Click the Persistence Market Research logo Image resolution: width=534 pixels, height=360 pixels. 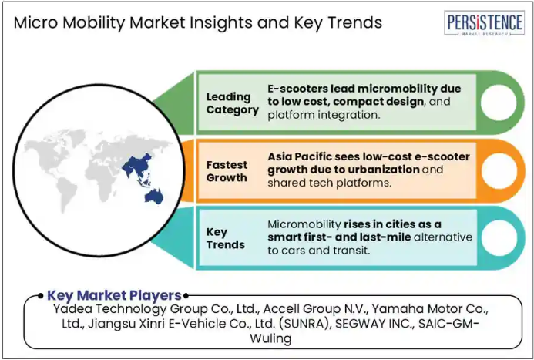point(484,23)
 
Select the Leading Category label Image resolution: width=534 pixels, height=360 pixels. point(232,103)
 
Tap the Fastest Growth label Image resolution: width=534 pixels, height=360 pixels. point(227,171)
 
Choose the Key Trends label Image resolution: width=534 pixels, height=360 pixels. point(226,238)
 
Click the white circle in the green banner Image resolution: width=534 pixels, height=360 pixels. point(499,103)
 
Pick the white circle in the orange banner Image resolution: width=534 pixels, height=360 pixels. point(499,170)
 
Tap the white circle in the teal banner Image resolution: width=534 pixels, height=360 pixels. point(499,237)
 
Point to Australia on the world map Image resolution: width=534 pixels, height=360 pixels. point(154,197)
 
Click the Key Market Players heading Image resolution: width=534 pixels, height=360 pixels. point(114,295)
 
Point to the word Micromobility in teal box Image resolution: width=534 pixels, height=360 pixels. point(304,224)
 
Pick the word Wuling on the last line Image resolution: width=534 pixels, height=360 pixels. point(270,338)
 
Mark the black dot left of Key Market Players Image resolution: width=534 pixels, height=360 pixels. point(41,295)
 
